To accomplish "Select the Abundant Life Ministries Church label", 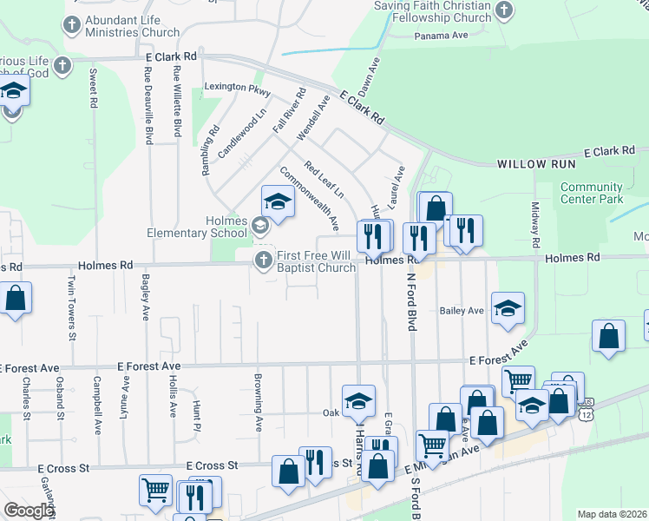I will [x=133, y=25].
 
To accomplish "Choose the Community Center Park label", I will [x=592, y=193].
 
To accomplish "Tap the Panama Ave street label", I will [x=441, y=36].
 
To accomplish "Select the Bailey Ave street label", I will [x=462, y=310].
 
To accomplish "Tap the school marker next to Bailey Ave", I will [x=508, y=307].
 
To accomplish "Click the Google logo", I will [x=28, y=511].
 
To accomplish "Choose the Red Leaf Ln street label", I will [x=324, y=179].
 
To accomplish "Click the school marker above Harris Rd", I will [x=358, y=400].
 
